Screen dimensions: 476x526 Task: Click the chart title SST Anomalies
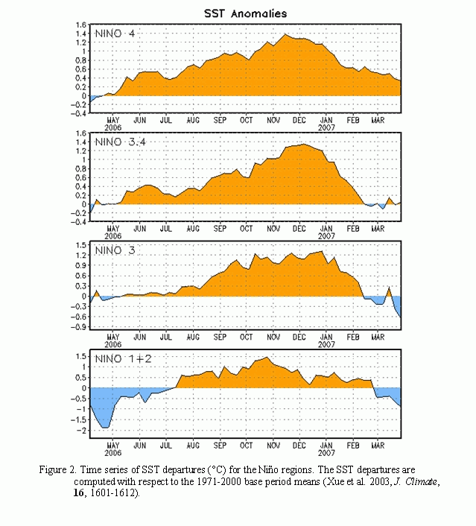(x=246, y=13)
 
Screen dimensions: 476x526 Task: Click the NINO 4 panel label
(x=115, y=34)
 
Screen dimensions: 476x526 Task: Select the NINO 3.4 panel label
(x=121, y=142)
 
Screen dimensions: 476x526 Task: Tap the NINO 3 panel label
(x=115, y=250)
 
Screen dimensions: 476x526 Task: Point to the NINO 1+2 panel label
(x=123, y=359)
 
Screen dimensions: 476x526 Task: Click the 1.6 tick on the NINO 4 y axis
(x=81, y=25)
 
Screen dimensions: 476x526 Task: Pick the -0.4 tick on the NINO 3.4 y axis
(x=78, y=222)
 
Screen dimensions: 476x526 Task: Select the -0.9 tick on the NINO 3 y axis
(x=78, y=327)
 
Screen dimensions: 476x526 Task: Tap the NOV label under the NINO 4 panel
(x=273, y=120)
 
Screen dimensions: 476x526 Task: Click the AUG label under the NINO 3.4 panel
(x=193, y=229)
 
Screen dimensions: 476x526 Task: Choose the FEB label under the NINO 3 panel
(x=353, y=338)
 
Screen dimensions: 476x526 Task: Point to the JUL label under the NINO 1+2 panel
(x=166, y=446)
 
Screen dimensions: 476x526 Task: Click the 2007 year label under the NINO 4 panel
(x=326, y=128)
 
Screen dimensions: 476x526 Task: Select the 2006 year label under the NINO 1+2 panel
(x=112, y=453)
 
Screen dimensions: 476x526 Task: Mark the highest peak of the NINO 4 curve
(x=285, y=34)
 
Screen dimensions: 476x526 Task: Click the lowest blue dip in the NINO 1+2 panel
(x=105, y=428)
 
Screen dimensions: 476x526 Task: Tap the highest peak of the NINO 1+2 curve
(x=267, y=358)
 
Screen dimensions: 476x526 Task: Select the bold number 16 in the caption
(x=78, y=492)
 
